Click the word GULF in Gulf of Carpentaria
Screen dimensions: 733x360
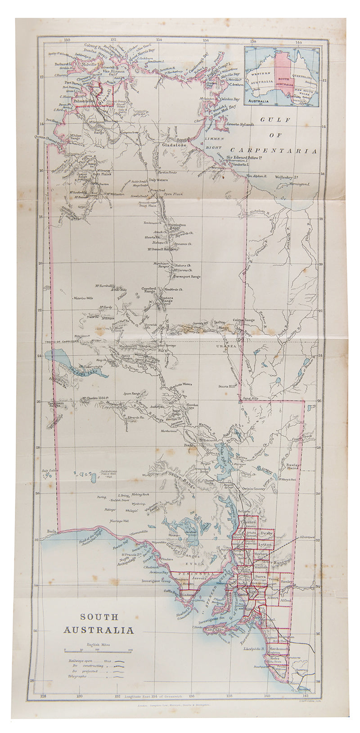tap(273, 120)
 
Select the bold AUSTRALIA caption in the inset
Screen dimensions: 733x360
tap(259, 102)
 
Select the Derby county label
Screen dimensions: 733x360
tap(267, 533)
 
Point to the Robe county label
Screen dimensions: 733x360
tap(274, 658)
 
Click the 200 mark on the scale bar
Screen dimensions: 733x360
tap(130, 650)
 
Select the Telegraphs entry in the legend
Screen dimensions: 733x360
tap(77, 676)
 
